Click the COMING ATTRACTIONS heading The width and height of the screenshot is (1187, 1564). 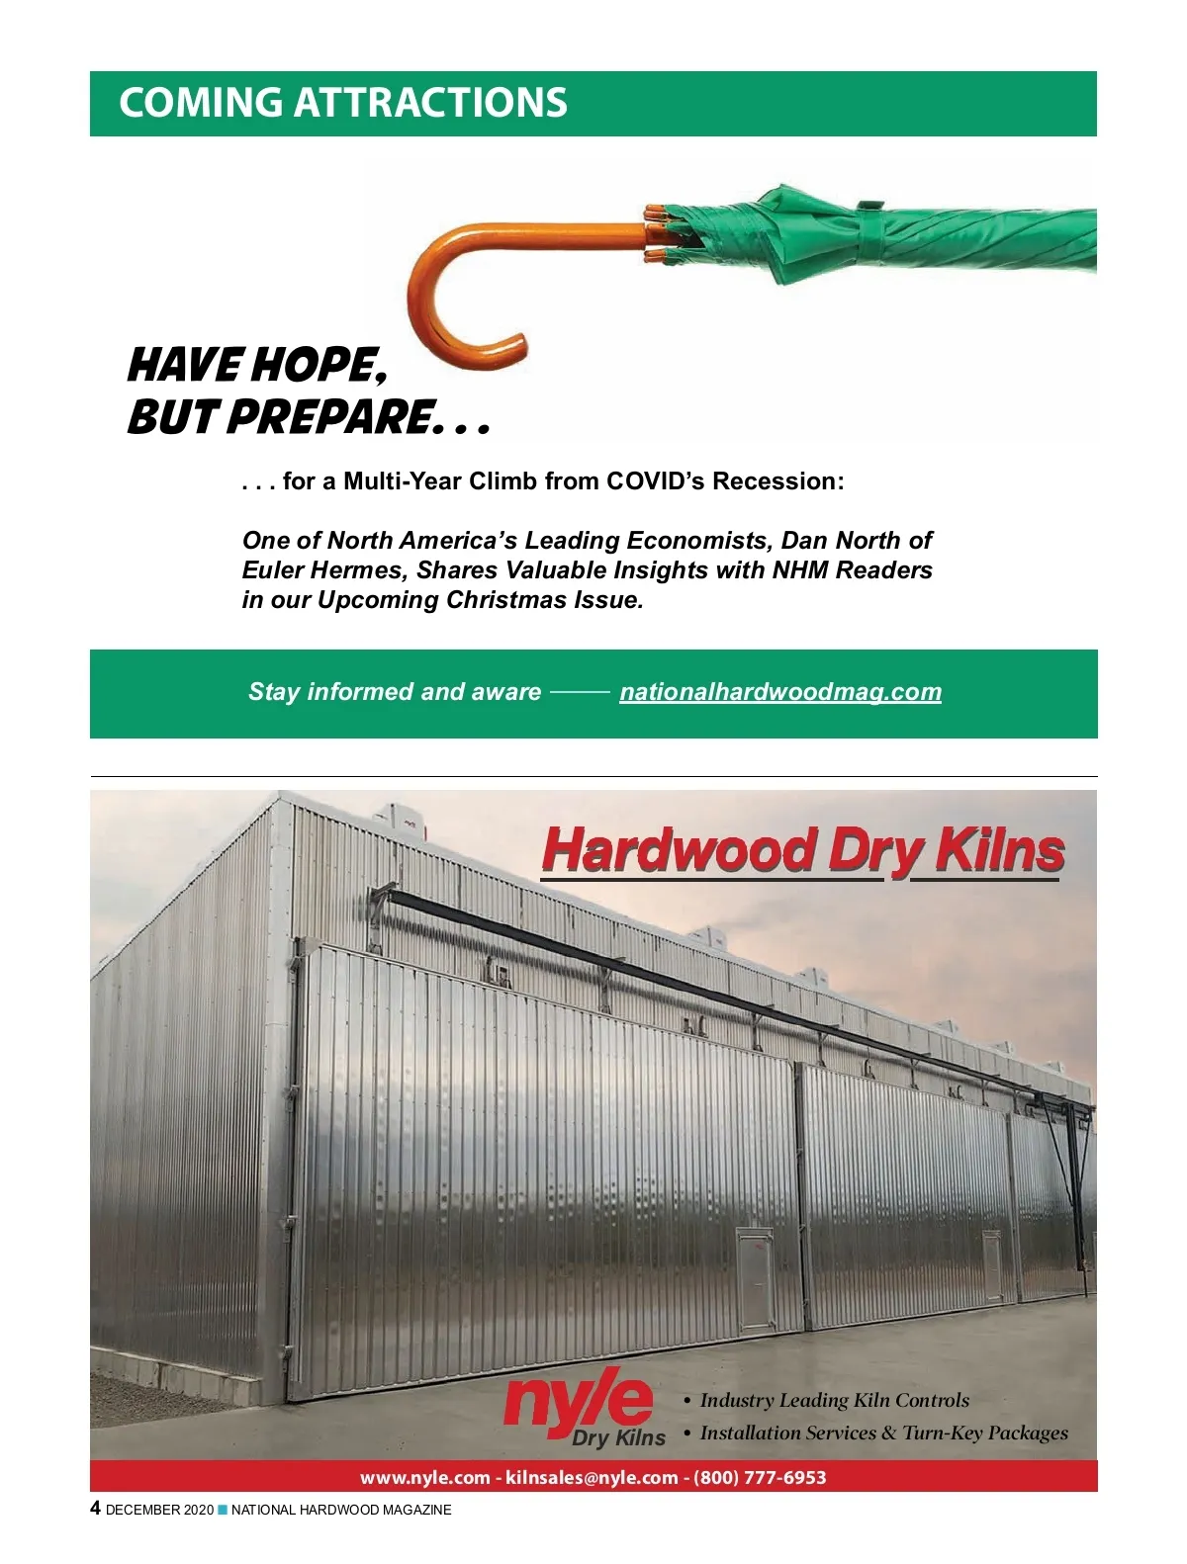(342, 103)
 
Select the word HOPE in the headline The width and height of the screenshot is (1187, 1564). (318, 366)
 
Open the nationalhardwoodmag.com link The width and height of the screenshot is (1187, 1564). (780, 692)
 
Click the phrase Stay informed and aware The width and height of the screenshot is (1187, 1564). (395, 692)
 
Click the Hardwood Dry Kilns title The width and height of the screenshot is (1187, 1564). (802, 850)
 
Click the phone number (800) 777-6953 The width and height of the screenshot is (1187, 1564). (760, 1477)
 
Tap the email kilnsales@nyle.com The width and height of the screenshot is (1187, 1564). (592, 1477)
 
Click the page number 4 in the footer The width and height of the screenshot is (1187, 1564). (95, 1509)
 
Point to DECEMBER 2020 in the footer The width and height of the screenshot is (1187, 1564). (159, 1510)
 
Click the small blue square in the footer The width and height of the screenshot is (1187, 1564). (223, 1510)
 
